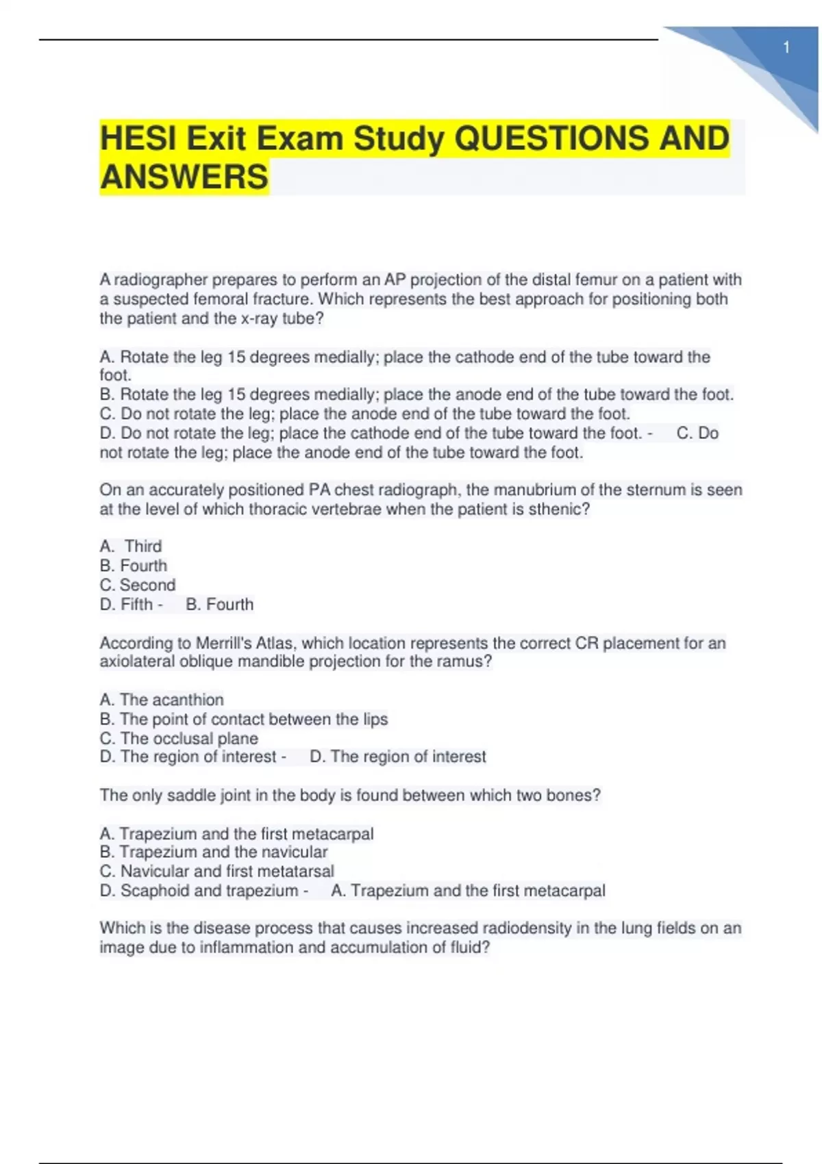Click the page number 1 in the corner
click(786, 47)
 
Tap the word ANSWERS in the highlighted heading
click(184, 177)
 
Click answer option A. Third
click(131, 546)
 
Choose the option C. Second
click(138, 585)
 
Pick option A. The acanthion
click(162, 699)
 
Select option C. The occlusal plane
click(179, 738)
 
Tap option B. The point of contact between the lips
click(244, 719)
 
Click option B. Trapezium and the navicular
click(214, 852)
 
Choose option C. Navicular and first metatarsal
click(217, 871)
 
